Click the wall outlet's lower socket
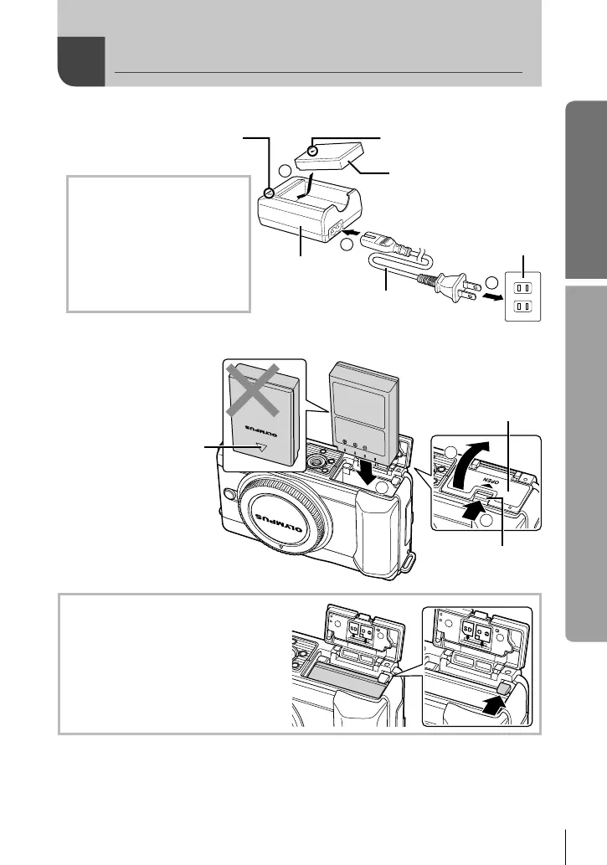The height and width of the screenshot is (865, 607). pyautogui.click(x=523, y=306)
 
